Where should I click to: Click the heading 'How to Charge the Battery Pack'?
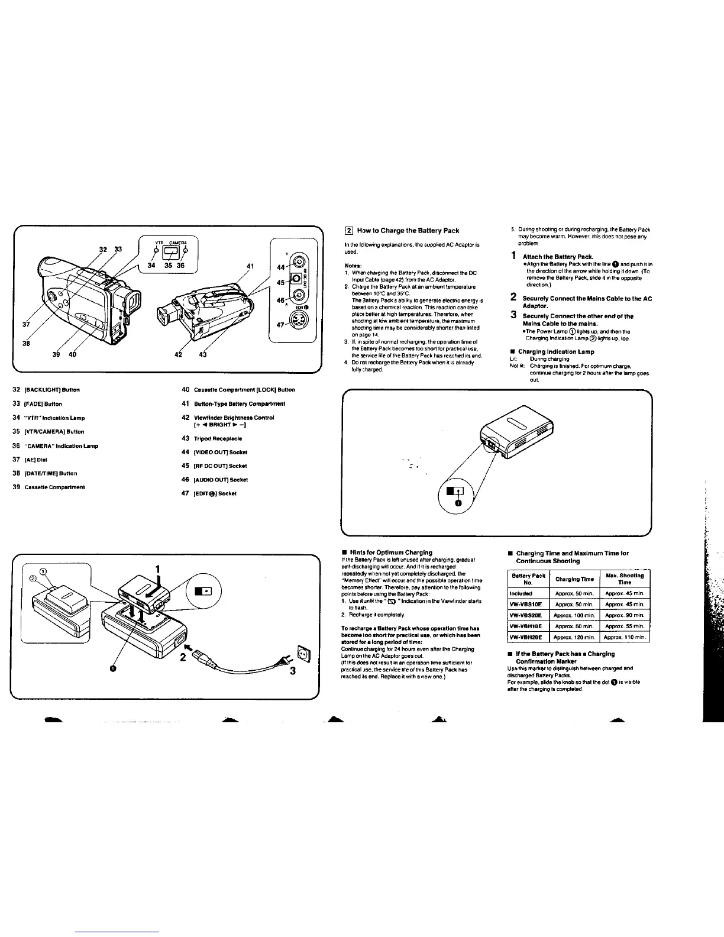408,230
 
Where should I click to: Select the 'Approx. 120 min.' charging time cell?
574,637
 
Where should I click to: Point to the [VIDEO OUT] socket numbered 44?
299,264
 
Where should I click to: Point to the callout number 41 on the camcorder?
250,266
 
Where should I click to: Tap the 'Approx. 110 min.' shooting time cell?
624,637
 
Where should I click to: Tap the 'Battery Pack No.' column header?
528,579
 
